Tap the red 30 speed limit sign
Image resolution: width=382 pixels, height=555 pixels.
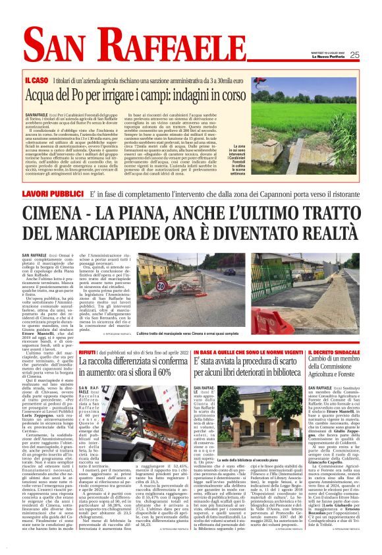[x=161, y=287]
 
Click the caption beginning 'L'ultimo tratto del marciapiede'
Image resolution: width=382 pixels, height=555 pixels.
[x=190, y=334]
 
